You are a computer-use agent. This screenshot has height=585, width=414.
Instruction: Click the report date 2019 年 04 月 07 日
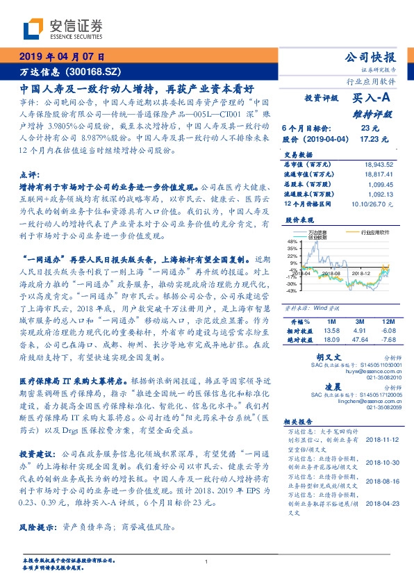(61, 56)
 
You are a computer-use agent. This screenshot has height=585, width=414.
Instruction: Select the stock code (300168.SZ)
(95, 72)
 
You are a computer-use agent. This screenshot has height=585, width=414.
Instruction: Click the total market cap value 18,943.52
(377, 164)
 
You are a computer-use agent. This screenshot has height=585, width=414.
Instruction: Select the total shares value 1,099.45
(381, 185)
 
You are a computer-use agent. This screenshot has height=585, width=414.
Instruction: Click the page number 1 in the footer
(207, 561)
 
